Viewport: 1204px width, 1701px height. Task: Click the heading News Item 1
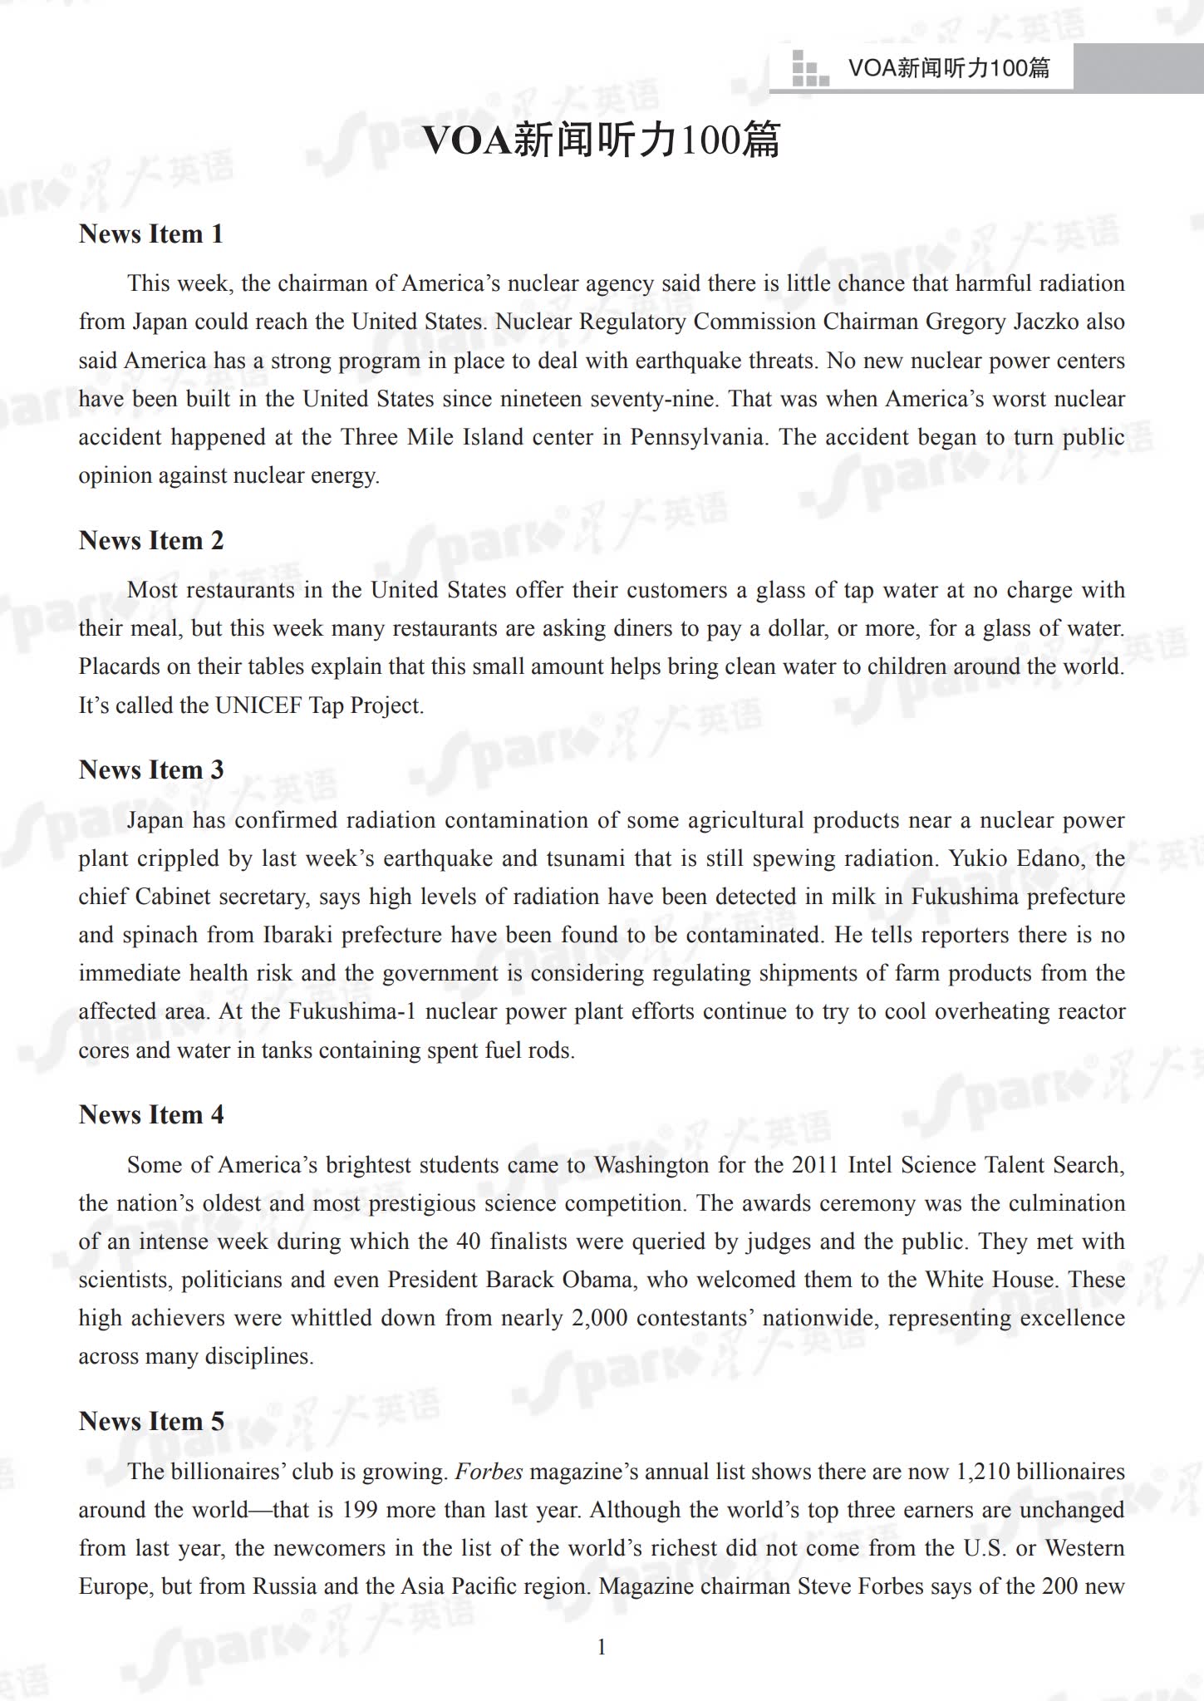(x=150, y=234)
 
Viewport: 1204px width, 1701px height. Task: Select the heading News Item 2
(x=150, y=541)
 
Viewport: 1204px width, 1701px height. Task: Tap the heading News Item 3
(x=150, y=770)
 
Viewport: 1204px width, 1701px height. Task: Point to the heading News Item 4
(x=150, y=1115)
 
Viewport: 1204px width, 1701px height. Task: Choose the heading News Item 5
(x=150, y=1422)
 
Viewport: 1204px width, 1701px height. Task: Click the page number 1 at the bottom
(x=602, y=1647)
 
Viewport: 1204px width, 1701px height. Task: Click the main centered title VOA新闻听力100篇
(x=602, y=140)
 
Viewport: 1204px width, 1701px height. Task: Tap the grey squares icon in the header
(x=810, y=68)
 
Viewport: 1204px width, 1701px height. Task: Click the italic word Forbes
(x=489, y=1472)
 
